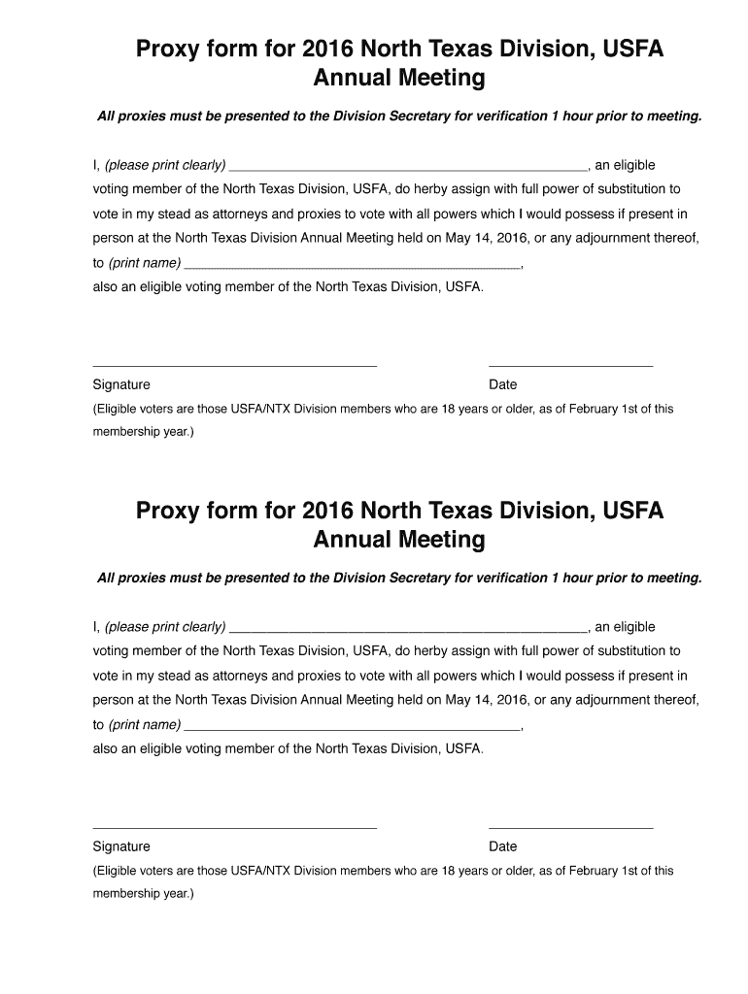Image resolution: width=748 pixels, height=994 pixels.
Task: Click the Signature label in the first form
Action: pyautogui.click(x=121, y=384)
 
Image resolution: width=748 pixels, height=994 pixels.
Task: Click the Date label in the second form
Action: pyautogui.click(x=503, y=846)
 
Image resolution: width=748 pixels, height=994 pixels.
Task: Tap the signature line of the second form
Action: pyautogui.click(x=234, y=827)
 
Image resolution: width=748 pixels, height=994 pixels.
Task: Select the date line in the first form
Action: pyautogui.click(x=570, y=365)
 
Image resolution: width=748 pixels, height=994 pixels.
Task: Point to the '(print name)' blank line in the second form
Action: pyautogui.click(x=352, y=726)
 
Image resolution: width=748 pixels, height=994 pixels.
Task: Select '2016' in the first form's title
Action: pyautogui.click(x=329, y=49)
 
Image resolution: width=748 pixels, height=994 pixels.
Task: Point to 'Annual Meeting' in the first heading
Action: pyautogui.click(x=398, y=78)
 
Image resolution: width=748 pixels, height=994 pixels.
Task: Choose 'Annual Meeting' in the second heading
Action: pyautogui.click(x=398, y=540)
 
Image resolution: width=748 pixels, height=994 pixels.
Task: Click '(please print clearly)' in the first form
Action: pyautogui.click(x=165, y=165)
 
